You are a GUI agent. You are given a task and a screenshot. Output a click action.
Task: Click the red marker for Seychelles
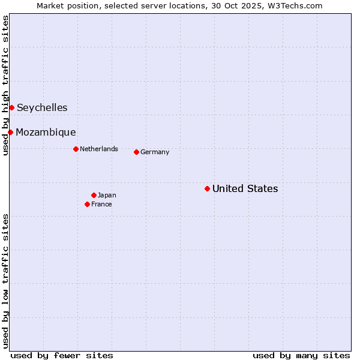tap(11, 107)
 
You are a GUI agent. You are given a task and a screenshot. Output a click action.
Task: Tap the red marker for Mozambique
tap(10, 132)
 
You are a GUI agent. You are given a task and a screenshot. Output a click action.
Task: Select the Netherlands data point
tap(76, 149)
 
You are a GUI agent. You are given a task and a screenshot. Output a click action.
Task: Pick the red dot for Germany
tap(136, 152)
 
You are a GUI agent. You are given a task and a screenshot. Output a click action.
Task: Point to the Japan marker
tap(94, 195)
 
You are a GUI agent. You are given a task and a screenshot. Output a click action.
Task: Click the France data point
tap(87, 204)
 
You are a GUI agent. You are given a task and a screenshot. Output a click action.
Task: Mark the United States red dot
tap(207, 188)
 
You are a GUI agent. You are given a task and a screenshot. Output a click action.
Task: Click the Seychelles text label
tap(42, 108)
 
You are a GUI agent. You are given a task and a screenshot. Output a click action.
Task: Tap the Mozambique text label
tap(46, 133)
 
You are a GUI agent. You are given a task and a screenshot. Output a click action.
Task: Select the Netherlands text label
tap(99, 149)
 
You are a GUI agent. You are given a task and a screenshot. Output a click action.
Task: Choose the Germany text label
tap(155, 152)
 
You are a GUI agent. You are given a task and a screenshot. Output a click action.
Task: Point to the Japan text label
tap(107, 196)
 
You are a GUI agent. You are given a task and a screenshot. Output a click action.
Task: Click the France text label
tap(101, 205)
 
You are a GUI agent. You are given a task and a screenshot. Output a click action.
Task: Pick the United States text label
tap(245, 189)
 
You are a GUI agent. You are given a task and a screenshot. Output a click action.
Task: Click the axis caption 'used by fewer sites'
tap(62, 355)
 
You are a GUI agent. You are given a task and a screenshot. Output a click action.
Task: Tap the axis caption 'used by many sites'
tap(301, 355)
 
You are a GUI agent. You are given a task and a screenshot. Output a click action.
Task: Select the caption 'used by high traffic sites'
tap(5, 86)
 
